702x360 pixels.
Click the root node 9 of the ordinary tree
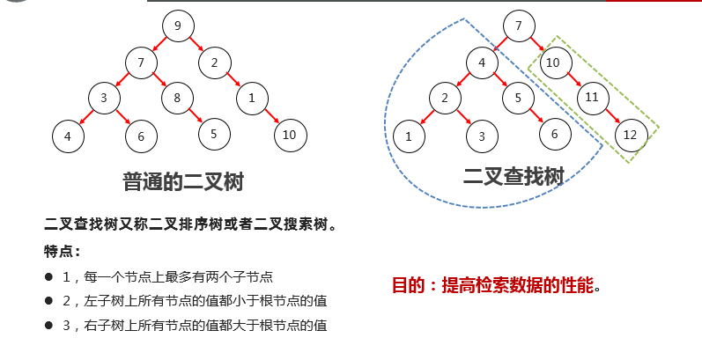pos(177,26)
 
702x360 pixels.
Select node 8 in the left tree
pos(177,98)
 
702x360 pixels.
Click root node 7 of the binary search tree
pos(518,26)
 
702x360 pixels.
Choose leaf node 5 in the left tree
pos(214,133)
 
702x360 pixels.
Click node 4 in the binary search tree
pos(482,62)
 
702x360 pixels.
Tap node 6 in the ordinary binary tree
pos(141,136)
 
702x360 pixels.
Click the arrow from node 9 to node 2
pos(196,44)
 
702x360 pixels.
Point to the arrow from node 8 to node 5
pos(196,115)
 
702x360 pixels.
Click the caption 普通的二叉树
pos(182,182)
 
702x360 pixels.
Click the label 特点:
pos(62,250)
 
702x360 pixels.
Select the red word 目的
pos(409,285)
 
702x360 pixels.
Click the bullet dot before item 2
pos(49,301)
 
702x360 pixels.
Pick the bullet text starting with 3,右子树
pos(195,325)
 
